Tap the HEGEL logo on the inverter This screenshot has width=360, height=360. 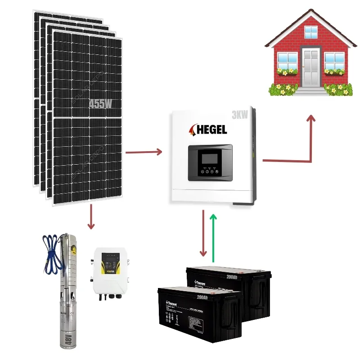[x=210, y=130]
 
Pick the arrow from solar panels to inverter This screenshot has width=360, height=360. [x=144, y=152]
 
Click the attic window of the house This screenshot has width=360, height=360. [x=311, y=31]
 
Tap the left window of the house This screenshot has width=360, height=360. [x=287, y=60]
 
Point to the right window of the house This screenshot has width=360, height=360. [x=334, y=60]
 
